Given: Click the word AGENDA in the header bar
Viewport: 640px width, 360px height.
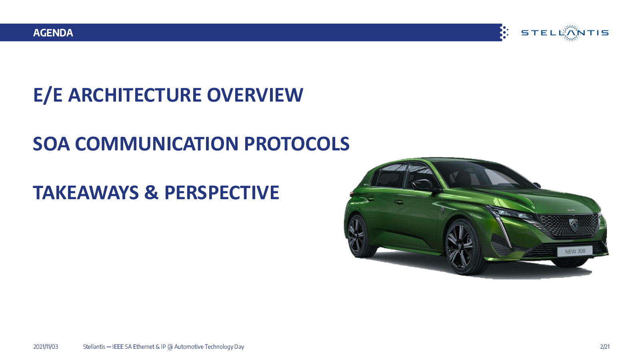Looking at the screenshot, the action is (53, 33).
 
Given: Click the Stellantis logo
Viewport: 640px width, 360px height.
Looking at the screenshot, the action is (565, 33).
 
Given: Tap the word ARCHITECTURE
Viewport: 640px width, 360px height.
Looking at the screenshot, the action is (135, 95).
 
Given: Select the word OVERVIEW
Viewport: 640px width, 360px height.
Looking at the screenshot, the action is (255, 95).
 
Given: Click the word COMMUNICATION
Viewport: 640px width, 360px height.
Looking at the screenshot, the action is (156, 144).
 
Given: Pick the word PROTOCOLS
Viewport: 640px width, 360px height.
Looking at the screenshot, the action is (296, 144).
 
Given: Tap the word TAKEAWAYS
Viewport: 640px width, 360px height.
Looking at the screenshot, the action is (86, 192).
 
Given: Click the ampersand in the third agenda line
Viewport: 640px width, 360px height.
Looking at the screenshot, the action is (152, 192).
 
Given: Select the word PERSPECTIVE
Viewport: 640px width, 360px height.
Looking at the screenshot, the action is (222, 192).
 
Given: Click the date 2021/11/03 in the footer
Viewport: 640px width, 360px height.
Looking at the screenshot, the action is (46, 347).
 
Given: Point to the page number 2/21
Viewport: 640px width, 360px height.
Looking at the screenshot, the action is (605, 347).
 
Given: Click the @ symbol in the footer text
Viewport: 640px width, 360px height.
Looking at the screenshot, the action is (170, 347).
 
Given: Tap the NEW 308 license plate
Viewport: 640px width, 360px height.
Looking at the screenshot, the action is (575, 252).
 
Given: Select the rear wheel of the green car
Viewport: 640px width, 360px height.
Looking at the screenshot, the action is (357, 236).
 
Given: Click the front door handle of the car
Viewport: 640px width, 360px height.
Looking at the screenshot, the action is (399, 202).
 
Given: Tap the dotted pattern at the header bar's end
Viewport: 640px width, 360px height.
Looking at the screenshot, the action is (504, 32).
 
